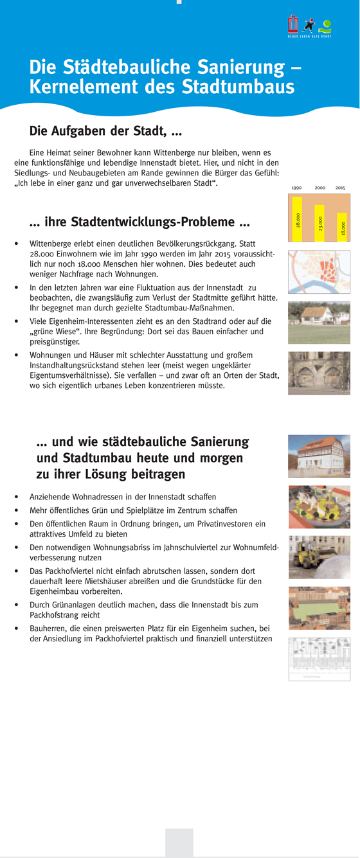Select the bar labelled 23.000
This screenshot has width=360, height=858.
[x=319, y=223]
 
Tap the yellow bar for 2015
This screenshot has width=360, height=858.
[x=342, y=227]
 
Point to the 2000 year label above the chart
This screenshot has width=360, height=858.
[x=319, y=188]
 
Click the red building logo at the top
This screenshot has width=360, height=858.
[x=293, y=24]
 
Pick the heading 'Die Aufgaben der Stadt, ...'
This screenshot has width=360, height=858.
[x=105, y=131]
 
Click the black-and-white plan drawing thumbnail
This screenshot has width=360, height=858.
[x=319, y=659]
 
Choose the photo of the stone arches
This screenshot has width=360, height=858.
[x=319, y=373]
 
